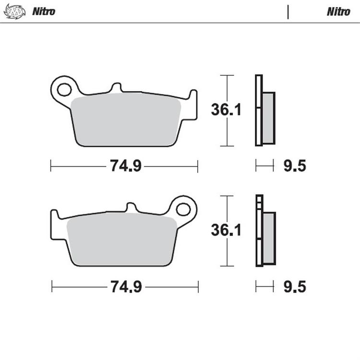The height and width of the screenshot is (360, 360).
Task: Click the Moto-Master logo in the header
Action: pyautogui.click(x=12, y=11)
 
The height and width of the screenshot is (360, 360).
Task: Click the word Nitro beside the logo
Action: pyautogui.click(x=44, y=12)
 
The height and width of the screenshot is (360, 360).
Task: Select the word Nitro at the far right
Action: pyautogui.click(x=338, y=12)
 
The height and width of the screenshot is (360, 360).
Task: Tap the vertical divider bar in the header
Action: pyautogui.click(x=288, y=12)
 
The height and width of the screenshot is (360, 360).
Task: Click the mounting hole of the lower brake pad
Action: pyautogui.click(x=183, y=209)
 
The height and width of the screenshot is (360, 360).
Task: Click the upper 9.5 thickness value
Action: pyautogui.click(x=294, y=167)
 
